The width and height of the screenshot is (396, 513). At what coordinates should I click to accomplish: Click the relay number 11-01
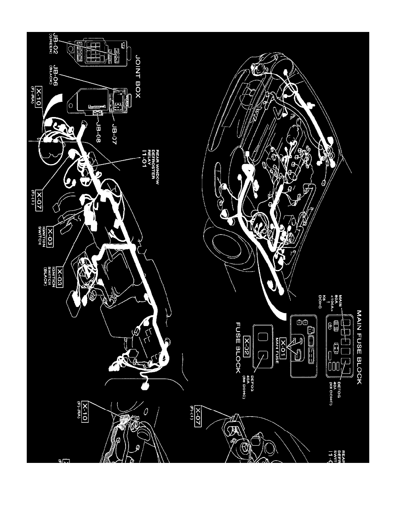(145, 159)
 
